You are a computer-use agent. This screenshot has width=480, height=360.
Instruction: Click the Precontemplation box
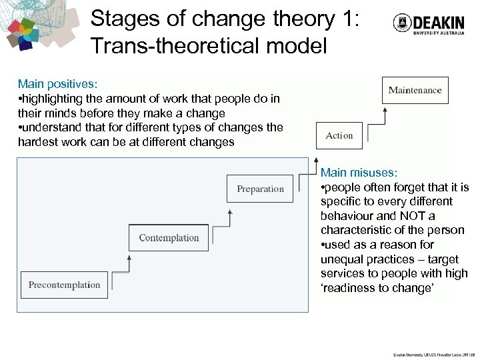pos(64,285)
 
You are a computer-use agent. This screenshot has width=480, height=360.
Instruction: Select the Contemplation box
pos(169,238)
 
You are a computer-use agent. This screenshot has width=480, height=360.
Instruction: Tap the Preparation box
pos(260,189)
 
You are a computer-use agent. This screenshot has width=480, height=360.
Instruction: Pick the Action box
pos(339,136)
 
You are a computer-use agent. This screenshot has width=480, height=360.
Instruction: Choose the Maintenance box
pos(415,91)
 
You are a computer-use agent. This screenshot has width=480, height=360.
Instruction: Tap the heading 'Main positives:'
pos(58,84)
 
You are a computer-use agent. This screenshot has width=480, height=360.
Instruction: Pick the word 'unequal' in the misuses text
pos(343,259)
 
